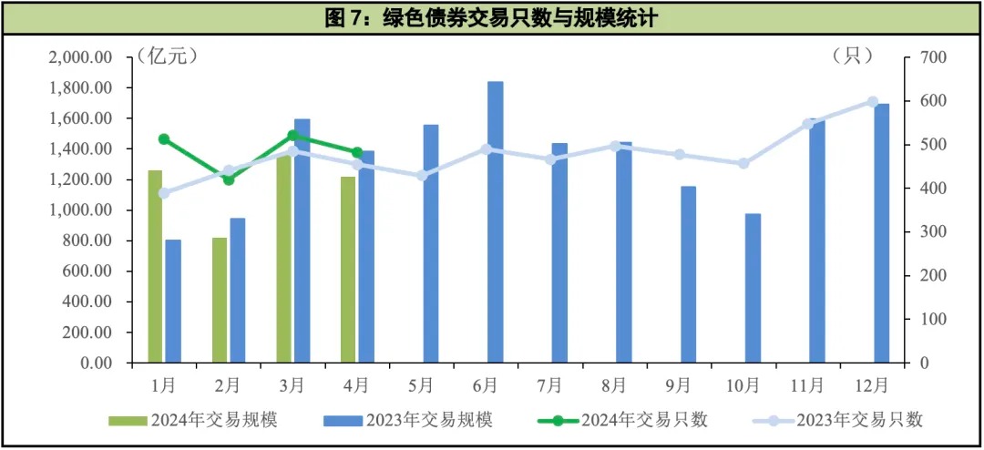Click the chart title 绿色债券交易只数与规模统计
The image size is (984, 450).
pos(492,18)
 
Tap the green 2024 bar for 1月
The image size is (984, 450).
pos(155,266)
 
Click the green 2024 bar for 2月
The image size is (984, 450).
pos(220,300)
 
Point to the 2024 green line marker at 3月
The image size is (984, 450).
pos(292,136)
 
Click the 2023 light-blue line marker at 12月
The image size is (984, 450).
pos(873,102)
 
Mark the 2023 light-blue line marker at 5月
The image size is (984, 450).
pos(422,175)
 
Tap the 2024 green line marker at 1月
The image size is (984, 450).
pos(164,139)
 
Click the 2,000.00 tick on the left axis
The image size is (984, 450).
pos(80,57)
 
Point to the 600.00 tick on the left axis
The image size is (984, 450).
pos(86,271)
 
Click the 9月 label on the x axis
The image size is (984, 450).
pos(679,384)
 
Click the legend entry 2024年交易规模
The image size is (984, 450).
pos(193,420)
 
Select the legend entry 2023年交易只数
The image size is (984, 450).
pos(838,420)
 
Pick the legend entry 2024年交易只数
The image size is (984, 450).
pos(623,420)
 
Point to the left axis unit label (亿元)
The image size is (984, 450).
pos(167,56)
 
